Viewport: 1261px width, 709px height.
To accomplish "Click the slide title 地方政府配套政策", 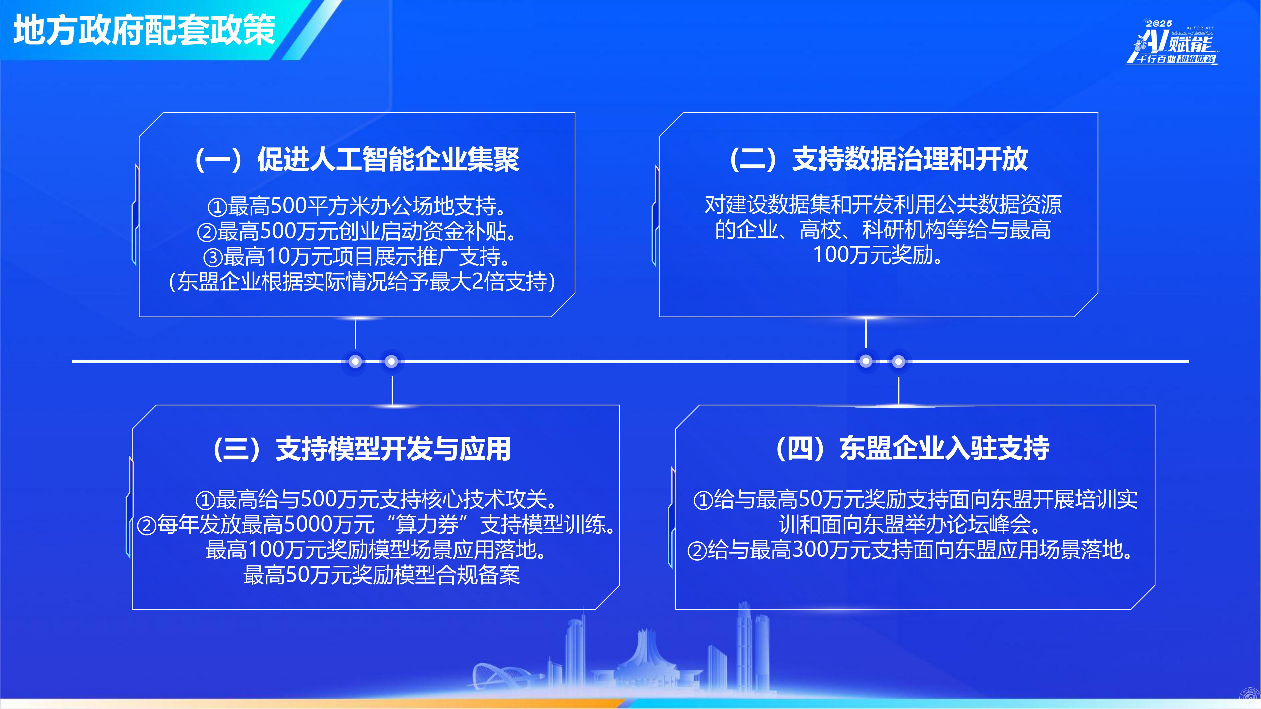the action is (144, 30).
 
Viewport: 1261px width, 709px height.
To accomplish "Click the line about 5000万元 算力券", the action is (376, 525).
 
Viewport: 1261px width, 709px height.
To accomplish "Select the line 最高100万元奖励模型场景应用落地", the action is (376, 550).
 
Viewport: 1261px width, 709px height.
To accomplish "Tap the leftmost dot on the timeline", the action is (355, 362).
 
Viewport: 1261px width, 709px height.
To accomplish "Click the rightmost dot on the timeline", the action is (898, 362).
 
